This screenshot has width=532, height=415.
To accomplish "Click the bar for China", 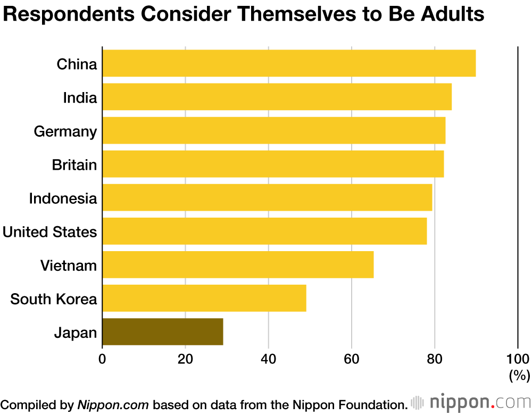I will [289, 63].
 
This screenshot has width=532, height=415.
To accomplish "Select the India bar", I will [277, 97].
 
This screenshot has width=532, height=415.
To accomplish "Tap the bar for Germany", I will [273, 130].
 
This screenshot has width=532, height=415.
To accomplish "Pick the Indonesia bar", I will [267, 197].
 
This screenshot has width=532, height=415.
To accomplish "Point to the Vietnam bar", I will [238, 264].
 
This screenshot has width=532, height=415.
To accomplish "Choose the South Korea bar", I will [204, 298].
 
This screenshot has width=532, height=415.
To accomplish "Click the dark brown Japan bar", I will [162, 331].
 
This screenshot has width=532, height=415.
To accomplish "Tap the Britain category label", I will [74, 165].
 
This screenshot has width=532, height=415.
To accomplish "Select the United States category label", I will [50, 232].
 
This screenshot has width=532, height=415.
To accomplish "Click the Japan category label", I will [76, 334].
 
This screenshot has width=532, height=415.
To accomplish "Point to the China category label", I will [77, 64].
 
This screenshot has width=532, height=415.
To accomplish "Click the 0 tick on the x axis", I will [102, 358].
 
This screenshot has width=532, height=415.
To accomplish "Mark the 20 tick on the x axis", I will [185, 358].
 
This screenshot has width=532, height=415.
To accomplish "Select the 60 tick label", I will [352, 358].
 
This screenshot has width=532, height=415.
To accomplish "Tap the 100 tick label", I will [517, 358].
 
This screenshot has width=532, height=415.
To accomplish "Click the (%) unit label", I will [519, 375].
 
